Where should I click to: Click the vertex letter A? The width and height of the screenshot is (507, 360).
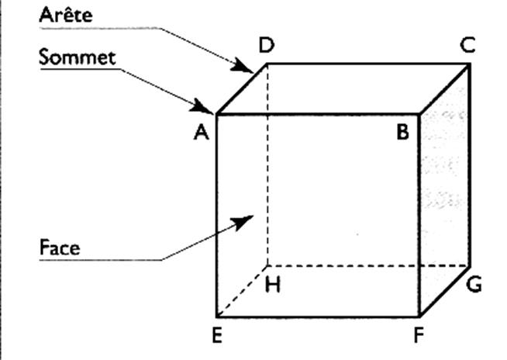[x=202, y=133]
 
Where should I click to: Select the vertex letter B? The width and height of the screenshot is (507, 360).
[x=402, y=133]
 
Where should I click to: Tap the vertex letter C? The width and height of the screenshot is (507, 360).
[x=467, y=46]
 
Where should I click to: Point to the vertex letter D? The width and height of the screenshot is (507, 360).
[x=266, y=46]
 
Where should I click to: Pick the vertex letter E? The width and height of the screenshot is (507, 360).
[x=217, y=335]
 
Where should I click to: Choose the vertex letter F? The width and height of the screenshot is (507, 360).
[x=419, y=337]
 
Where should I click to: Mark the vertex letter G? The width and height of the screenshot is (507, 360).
[x=474, y=285]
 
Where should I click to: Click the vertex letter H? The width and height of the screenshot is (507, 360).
[x=273, y=286]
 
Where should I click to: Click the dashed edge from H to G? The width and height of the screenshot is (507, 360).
[x=368, y=266]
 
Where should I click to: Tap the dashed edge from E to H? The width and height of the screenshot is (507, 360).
[x=241, y=292]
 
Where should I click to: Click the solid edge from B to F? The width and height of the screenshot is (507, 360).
[x=419, y=217]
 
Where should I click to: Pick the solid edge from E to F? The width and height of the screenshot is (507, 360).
[x=318, y=317]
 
